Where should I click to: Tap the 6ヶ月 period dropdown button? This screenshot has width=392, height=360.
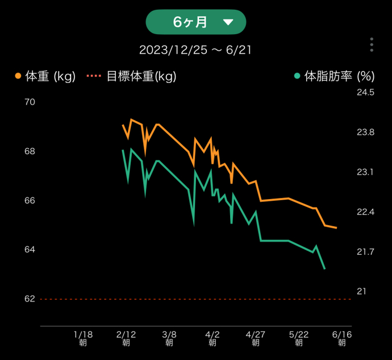click(x=196, y=22)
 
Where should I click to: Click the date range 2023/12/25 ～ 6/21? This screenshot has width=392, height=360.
click(x=195, y=50)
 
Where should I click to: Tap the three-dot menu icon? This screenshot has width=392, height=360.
click(x=371, y=45)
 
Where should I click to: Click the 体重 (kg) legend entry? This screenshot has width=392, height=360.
click(x=45, y=76)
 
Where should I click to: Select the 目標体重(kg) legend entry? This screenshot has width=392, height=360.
click(x=132, y=76)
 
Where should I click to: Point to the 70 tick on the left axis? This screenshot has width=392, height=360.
click(x=30, y=102)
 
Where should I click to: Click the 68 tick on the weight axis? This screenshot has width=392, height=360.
click(x=30, y=151)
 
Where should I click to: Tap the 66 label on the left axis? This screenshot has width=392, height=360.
click(x=30, y=200)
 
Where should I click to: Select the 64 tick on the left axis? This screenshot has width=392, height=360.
click(x=30, y=250)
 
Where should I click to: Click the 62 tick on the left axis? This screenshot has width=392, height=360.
click(x=30, y=299)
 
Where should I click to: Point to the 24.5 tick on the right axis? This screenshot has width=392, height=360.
click(x=365, y=92)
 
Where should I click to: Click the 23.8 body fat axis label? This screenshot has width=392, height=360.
click(x=365, y=132)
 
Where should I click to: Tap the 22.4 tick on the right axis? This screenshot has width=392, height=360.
click(x=365, y=212)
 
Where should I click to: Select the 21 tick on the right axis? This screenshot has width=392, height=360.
click(x=361, y=291)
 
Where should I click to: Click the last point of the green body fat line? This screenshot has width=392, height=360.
click(x=324, y=268)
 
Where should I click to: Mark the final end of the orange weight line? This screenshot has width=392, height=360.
click(x=336, y=227)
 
